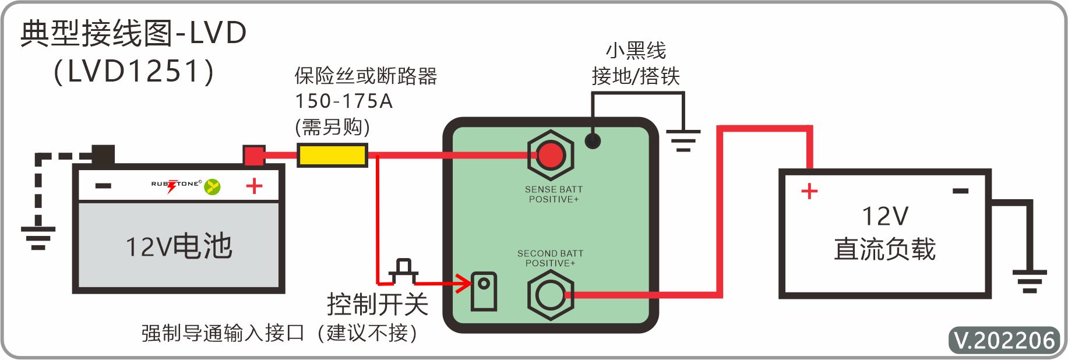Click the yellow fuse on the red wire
coord(332,156)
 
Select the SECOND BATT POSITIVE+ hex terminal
coord(551,295)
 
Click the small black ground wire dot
coord(593,140)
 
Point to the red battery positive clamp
coord(254,156)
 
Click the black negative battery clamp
coord(103,155)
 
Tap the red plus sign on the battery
coord(254,186)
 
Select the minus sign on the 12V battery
coord(103,186)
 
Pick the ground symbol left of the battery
coord(38,237)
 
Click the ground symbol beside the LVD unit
coord(683,140)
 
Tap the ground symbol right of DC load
coord(1030,280)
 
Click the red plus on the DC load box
coord(809,191)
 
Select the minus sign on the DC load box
coord(960,191)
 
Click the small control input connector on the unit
coord(484,291)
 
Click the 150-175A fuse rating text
coord(344,101)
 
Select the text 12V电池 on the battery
coord(179,246)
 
